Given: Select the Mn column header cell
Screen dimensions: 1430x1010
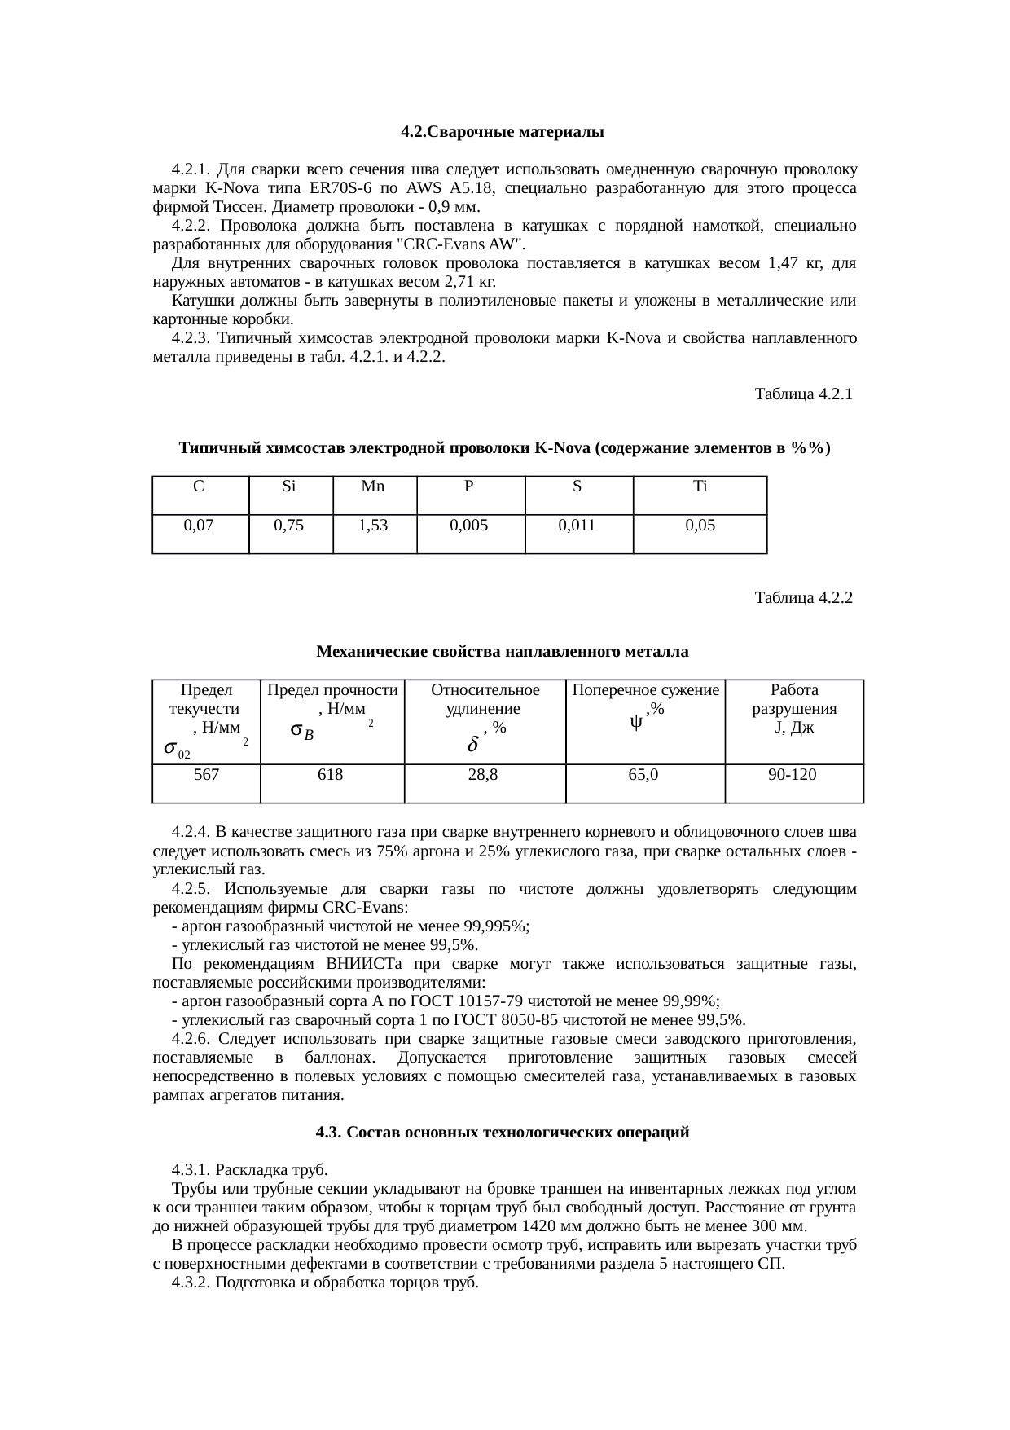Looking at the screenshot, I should click(373, 487).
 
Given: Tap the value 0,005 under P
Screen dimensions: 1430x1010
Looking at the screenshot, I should click(469, 526).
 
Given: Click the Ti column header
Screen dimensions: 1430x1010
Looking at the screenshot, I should click(700, 487).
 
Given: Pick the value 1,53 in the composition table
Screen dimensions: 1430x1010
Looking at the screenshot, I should click(373, 526).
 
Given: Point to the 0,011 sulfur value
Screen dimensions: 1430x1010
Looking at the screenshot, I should click(577, 526).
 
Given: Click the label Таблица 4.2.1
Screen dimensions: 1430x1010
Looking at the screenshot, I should click(803, 394).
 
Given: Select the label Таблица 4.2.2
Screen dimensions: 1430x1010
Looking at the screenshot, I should click(803, 598).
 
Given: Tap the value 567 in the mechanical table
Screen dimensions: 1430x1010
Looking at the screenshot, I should click(206, 775).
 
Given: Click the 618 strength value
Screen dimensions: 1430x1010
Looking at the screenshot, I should click(331, 775).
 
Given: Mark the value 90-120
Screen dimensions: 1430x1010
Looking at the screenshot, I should click(793, 775).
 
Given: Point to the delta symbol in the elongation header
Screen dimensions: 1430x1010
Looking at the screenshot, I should click(472, 745).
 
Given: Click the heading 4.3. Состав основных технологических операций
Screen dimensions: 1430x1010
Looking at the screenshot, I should click(502, 1133).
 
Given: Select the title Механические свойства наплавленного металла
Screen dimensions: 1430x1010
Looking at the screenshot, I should click(502, 652).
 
